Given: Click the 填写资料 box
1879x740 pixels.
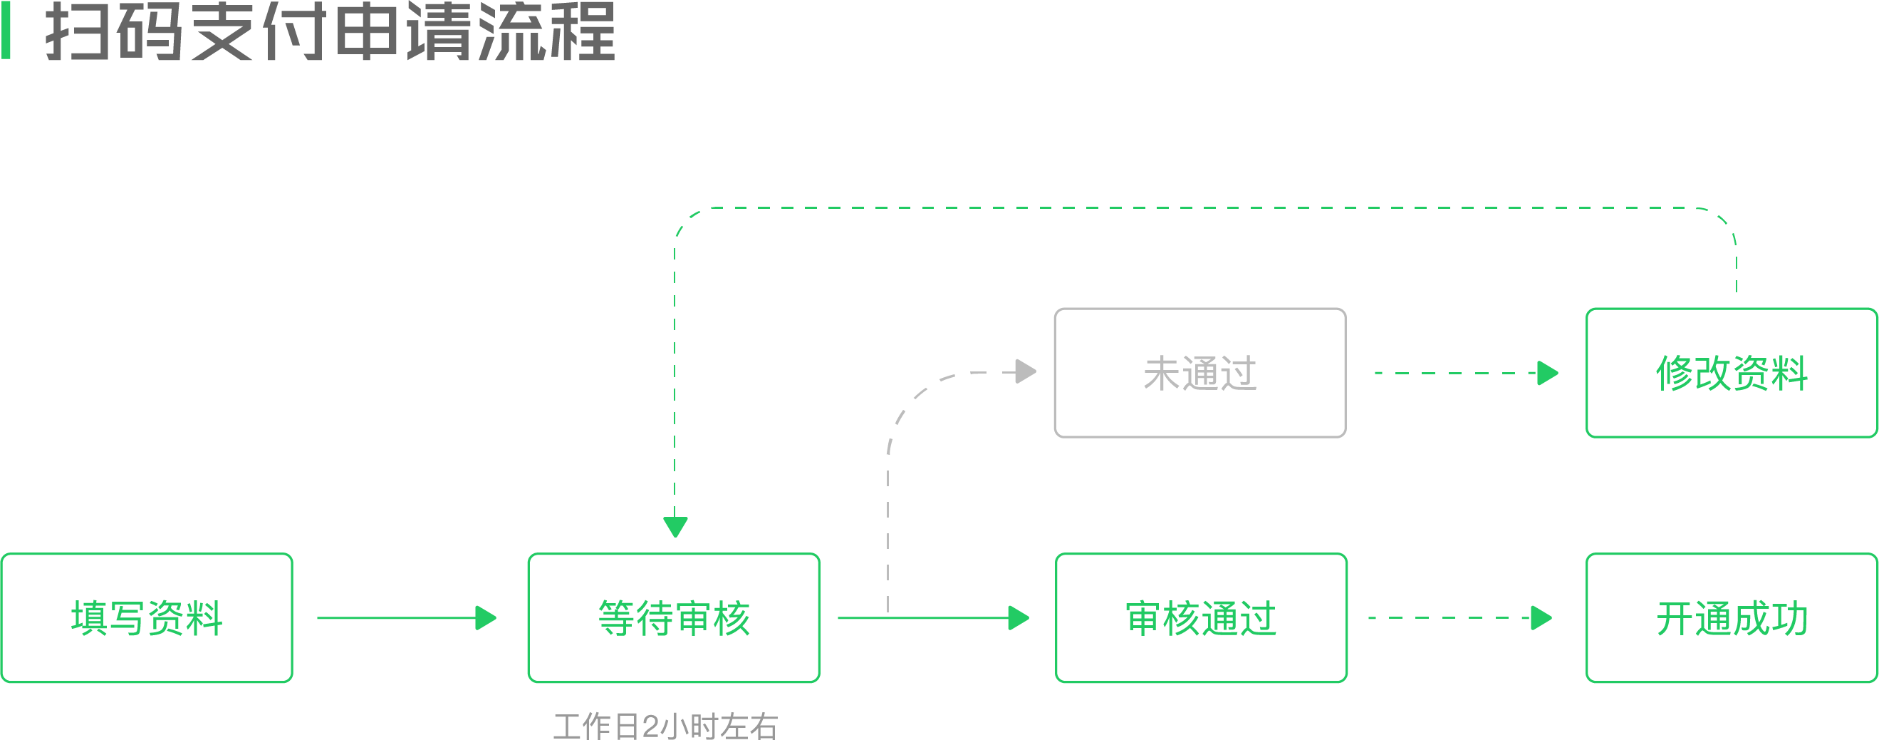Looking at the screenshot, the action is pos(147,617).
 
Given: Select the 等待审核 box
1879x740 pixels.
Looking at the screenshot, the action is pos(674,617).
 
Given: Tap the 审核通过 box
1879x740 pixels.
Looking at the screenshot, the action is pos(1202,617).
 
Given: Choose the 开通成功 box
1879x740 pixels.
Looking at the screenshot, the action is pos(1732,617).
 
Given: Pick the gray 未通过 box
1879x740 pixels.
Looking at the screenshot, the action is pos(1201,373).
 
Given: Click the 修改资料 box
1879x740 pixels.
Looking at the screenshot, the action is pos(1732,373).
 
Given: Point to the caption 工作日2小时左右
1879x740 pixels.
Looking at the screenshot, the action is pos(666,726).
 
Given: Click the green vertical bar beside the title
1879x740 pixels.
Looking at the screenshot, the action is pos(6,30).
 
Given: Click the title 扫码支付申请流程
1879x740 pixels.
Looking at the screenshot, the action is pos(330,31).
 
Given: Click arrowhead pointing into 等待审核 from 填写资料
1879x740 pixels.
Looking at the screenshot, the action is pos(486,618).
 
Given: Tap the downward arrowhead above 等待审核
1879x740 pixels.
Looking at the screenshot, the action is pos(675,527).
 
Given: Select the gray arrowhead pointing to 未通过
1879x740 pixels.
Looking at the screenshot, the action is pos(1026,371).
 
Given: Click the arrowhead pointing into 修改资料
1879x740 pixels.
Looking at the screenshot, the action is pos(1549,373).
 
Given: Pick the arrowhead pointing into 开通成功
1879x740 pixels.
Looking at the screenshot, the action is pos(1542,618).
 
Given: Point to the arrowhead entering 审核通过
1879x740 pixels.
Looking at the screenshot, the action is pos(1019,618).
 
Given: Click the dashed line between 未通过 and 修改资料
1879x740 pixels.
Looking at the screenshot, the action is pos(1456,373).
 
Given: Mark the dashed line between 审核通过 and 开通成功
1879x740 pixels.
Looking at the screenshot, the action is pos(1450,618).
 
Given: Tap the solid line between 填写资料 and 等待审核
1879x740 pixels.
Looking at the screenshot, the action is pos(397,618).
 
